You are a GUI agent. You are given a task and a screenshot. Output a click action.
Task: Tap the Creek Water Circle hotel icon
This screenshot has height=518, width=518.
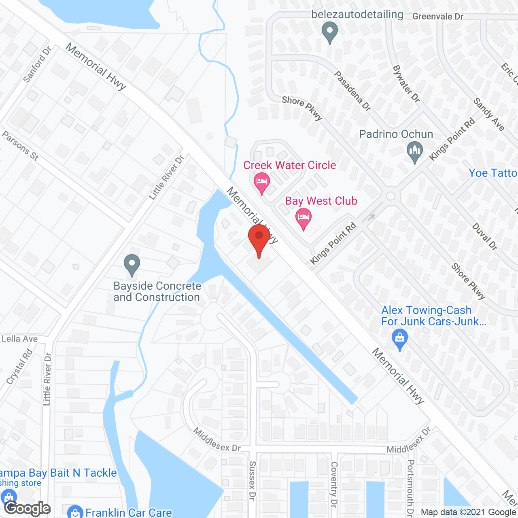point(262,182)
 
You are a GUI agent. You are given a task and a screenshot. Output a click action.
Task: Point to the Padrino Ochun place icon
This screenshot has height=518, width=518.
point(414,152)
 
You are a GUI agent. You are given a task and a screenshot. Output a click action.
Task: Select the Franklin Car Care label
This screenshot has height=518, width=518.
point(129,512)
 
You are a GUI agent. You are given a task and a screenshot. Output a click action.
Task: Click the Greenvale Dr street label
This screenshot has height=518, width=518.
point(438,17)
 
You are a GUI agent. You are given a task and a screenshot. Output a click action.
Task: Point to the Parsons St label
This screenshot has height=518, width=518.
point(20,146)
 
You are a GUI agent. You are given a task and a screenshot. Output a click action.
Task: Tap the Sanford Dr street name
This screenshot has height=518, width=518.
point(37,64)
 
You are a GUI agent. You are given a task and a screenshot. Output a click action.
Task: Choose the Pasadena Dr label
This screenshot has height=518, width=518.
point(352,91)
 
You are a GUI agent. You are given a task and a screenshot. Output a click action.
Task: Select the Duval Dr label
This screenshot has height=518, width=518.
point(485,237)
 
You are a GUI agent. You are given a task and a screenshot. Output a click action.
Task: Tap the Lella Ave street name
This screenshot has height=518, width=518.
point(19,339)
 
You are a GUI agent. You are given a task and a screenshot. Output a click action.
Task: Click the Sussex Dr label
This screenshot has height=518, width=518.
point(252,480)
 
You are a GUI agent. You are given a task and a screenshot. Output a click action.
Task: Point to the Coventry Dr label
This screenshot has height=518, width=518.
point(334,484)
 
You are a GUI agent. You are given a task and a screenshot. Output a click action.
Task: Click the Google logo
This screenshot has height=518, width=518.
point(28,508)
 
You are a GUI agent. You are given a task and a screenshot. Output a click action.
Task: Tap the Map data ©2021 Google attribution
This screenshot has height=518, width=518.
point(469,512)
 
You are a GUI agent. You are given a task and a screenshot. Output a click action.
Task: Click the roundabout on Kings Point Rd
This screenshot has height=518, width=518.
point(391,196)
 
